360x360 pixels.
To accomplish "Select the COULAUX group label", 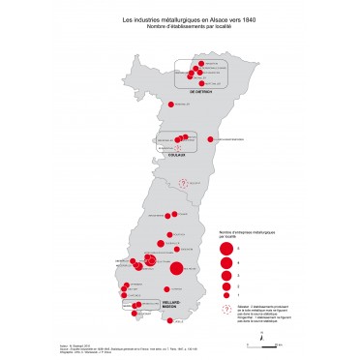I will pos(175,152).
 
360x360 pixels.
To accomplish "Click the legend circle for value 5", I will pos(225,248).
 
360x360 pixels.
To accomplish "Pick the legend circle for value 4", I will pos(225,261).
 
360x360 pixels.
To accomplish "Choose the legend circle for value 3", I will pos(225,274).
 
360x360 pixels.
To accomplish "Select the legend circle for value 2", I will pos(225,285).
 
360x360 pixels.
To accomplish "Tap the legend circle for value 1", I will pos(225,294).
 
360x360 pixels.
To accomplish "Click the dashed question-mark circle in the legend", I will pos(225,309).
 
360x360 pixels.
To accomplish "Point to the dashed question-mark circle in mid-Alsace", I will pos(180,183).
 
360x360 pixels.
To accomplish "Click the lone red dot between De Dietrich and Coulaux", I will pos(170,105).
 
